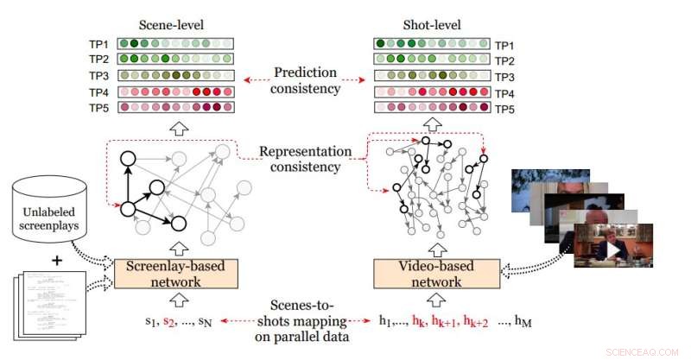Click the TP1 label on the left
coord(100,44)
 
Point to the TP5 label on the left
coord(100,108)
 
